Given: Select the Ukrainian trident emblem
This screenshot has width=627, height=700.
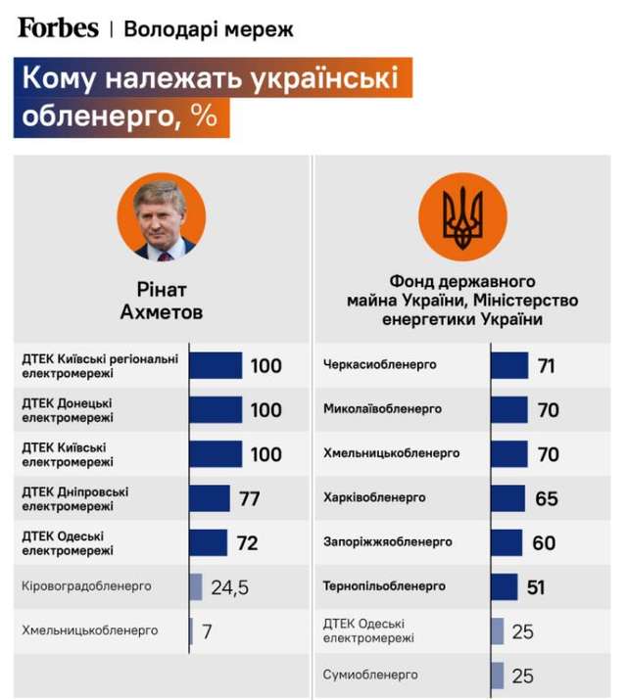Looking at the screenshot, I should click(x=463, y=218).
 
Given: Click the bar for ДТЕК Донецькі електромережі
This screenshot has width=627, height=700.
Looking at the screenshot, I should click(x=216, y=409).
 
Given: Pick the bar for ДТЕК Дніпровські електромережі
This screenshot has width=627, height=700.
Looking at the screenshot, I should click(x=210, y=498).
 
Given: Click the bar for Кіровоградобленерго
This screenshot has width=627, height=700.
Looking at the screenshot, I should click(x=196, y=587).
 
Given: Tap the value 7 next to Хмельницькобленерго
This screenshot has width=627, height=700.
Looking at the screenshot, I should click(x=207, y=631).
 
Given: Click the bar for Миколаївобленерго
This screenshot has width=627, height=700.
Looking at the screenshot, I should click(x=508, y=409).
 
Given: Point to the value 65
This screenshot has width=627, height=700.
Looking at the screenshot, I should click(x=547, y=498).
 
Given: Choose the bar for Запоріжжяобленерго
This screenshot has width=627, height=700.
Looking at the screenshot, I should click(x=506, y=542).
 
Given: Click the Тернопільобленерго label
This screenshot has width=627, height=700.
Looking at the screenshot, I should click(x=384, y=586).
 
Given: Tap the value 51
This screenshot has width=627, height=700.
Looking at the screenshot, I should click(x=536, y=587).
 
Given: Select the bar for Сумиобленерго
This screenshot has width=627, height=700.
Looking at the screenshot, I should click(x=497, y=676).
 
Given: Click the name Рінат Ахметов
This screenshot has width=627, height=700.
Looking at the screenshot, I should click(x=161, y=301).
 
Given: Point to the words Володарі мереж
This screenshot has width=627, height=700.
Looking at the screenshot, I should click(x=209, y=28).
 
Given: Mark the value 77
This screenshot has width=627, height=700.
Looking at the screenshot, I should click(x=249, y=498).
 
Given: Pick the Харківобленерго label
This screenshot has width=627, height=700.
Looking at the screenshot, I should click(x=374, y=497).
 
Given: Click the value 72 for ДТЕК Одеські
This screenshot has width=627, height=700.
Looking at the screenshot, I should click(x=247, y=542).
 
